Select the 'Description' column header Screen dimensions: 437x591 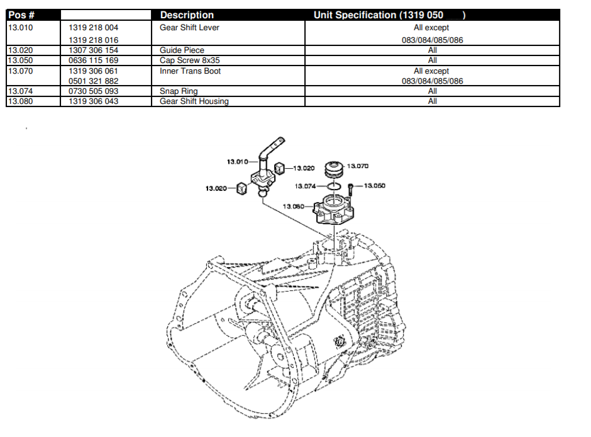tap(187, 15)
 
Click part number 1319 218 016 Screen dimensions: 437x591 tap(93, 40)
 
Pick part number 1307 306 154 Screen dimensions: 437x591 tap(93, 50)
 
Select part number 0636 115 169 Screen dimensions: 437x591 tap(93, 60)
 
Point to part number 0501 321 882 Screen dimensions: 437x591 tap(93, 81)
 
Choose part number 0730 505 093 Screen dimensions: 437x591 tap(93, 91)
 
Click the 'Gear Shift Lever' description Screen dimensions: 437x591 tap(189, 28)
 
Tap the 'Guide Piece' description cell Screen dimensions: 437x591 tap(182, 50)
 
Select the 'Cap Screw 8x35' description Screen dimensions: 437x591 tap(189, 60)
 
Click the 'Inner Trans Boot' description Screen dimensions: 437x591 tap(190, 71)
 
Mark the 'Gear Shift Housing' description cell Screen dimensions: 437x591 tap(194, 101)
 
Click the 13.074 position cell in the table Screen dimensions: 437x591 tap(20, 91)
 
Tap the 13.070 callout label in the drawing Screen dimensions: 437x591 tap(358, 166)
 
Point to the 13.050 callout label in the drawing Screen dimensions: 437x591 tap(375, 186)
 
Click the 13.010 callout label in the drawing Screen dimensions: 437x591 tap(237, 162)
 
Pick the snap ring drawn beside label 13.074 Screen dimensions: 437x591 tap(335, 187)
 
